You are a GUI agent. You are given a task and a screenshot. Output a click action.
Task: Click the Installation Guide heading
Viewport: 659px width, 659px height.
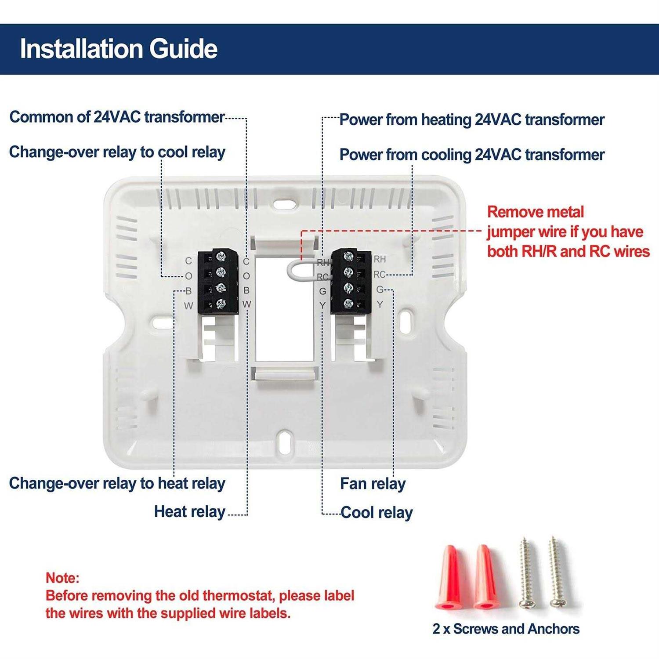coord(119,48)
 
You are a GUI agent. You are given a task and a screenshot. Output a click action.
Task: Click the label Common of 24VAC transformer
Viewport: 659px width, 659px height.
coord(117,117)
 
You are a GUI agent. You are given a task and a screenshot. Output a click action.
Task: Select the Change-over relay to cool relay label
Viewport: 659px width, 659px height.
coord(117,152)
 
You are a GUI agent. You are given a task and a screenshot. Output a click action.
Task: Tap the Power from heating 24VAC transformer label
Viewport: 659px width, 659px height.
coord(472,119)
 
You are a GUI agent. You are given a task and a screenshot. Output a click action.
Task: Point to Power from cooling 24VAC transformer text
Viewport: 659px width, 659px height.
coord(472,155)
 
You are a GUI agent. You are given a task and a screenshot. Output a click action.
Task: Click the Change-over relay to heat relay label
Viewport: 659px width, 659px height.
coord(117,483)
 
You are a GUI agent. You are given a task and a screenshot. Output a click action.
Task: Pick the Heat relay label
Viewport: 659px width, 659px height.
coord(190,512)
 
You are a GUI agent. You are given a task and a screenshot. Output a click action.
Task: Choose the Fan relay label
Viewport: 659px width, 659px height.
coord(373,484)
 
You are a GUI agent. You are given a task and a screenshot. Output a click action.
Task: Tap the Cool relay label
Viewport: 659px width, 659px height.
coord(377,513)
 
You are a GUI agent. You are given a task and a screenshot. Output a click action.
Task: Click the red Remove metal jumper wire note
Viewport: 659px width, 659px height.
coord(568,232)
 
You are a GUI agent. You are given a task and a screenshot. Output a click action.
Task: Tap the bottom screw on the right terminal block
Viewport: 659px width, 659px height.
coord(348,304)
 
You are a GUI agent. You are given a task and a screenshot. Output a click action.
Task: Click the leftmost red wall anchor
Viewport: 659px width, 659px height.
coord(449,577)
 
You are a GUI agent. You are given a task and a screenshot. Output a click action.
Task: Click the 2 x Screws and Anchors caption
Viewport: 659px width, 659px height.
coord(506,629)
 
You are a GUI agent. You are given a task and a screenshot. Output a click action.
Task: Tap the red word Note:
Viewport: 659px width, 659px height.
coord(62,578)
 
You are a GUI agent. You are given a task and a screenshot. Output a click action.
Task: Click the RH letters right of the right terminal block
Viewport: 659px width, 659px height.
coord(380,259)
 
